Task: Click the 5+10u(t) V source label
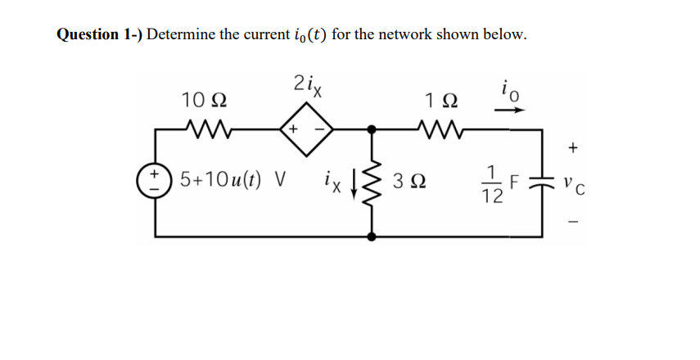[x=227, y=178]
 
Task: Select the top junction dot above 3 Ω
[x=373, y=128]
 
